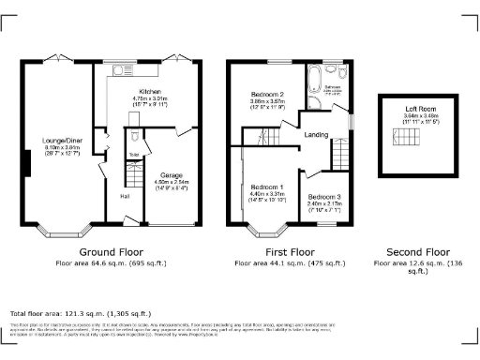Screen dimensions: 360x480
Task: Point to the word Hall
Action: coord(125,196)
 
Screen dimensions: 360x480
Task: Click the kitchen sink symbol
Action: coord(119,68)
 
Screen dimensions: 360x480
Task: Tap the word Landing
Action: coord(315,135)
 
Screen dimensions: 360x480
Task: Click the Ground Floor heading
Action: coord(109,252)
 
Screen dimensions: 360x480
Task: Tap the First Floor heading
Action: coord(288,252)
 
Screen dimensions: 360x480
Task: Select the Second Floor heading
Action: coord(413,252)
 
